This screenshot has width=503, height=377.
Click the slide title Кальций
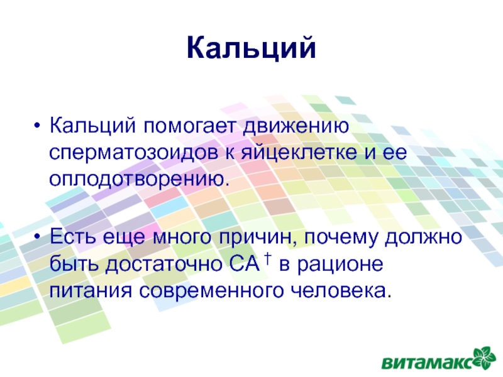click(251, 48)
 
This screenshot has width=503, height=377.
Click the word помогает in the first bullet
click(190, 125)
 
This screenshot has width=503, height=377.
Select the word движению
click(296, 125)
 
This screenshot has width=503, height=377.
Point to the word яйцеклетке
click(299, 153)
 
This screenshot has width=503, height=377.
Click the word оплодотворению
click(139, 179)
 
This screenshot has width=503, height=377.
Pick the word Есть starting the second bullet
click(72, 237)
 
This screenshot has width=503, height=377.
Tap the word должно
click(423, 238)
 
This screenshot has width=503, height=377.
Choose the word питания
click(91, 291)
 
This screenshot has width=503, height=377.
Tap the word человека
click(341, 290)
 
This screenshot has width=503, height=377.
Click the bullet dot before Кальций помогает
click(37, 126)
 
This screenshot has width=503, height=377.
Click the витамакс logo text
click(428, 363)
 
